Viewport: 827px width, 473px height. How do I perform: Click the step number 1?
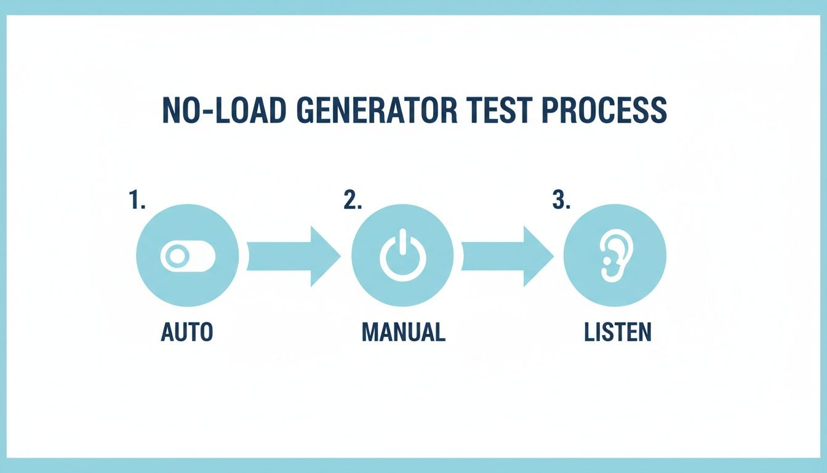coord(137,201)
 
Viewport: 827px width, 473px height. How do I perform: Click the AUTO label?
coord(186,332)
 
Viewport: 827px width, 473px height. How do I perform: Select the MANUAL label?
coord(403,332)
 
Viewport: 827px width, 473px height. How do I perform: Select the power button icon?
coord(402,257)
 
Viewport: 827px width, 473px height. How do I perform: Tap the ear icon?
coord(614,257)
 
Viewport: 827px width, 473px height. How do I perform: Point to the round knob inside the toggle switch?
coord(177,257)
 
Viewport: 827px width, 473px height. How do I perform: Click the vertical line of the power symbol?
coord(402,243)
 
